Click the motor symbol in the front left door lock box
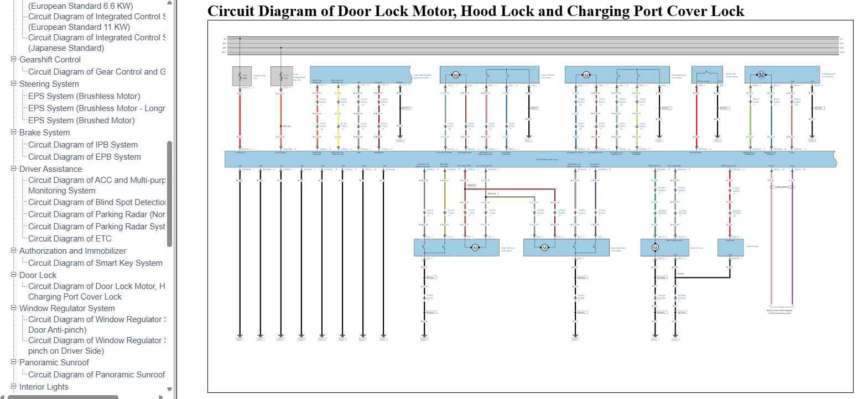[x=456, y=75]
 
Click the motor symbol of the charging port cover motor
[x=761, y=75]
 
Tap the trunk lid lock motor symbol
[x=655, y=248]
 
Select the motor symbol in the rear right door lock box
[x=544, y=248]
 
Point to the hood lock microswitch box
[x=708, y=75]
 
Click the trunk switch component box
[x=730, y=248]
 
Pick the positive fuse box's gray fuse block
[x=242, y=76]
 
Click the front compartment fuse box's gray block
[x=281, y=76]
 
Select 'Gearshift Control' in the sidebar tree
[x=50, y=60]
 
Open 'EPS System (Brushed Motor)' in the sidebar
[x=81, y=120]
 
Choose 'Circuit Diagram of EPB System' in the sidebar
[x=84, y=157]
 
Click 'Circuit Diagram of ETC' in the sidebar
[x=70, y=239]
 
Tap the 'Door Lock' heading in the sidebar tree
[x=38, y=275]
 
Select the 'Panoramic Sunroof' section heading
[x=54, y=363]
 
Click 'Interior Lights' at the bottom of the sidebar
[x=44, y=387]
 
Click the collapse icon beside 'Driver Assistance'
[x=14, y=169]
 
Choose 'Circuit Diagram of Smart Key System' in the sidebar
[x=95, y=263]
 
